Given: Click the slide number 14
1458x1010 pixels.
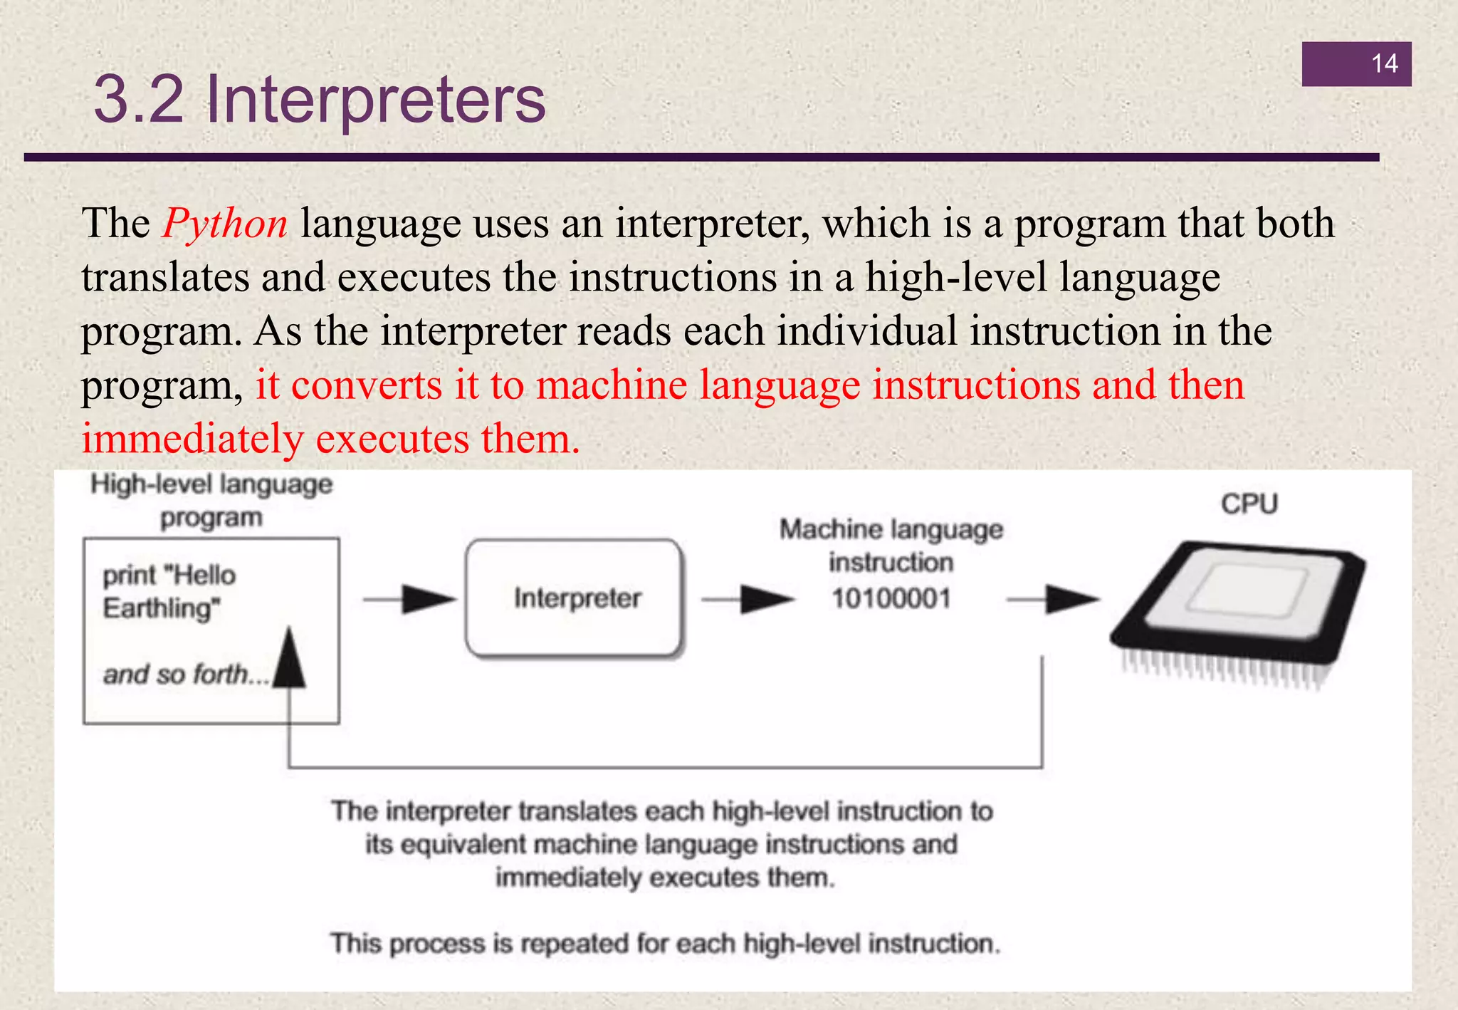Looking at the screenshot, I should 1384,64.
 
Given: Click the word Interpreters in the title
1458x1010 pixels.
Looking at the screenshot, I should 375,100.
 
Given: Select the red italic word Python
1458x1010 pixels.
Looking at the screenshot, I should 225,224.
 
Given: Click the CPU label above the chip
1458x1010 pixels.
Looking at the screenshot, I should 1249,504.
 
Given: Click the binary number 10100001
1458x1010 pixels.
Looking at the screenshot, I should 891,598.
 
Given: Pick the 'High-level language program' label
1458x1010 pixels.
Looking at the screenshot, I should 211,501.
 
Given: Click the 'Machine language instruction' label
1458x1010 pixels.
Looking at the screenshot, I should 891,546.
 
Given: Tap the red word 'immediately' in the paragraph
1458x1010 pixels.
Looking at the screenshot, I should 192,439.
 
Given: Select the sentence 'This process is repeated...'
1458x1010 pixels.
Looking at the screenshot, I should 665,944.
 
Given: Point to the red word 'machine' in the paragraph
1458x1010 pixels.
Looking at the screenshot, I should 612,385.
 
